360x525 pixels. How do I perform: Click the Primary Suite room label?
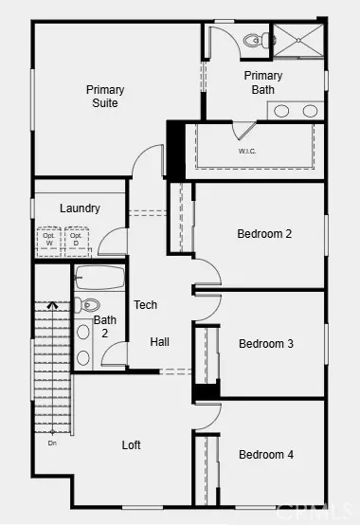pyautogui.click(x=105, y=97)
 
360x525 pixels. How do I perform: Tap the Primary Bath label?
pyautogui.click(x=262, y=82)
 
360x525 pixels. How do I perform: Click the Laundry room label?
pyautogui.click(x=80, y=208)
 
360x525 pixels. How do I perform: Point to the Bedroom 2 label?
pyautogui.click(x=264, y=234)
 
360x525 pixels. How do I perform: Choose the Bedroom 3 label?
pyautogui.click(x=265, y=344)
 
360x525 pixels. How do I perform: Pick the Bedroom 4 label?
pyautogui.click(x=265, y=455)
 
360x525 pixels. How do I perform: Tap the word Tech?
pyautogui.click(x=145, y=305)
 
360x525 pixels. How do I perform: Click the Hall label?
pyautogui.click(x=159, y=341)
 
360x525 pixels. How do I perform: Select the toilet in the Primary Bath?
pyautogui.click(x=253, y=41)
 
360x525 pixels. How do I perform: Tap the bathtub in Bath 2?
pyautogui.click(x=98, y=279)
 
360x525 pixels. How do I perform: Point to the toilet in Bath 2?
pyautogui.click(x=88, y=305)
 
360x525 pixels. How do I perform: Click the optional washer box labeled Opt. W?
pyautogui.click(x=49, y=241)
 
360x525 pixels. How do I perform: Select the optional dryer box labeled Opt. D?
pyautogui.click(x=76, y=241)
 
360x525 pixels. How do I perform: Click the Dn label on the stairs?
pyautogui.click(x=51, y=442)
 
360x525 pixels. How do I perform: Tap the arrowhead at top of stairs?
pyautogui.click(x=51, y=305)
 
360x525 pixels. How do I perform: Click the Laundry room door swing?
pyautogui.click(x=112, y=241)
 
